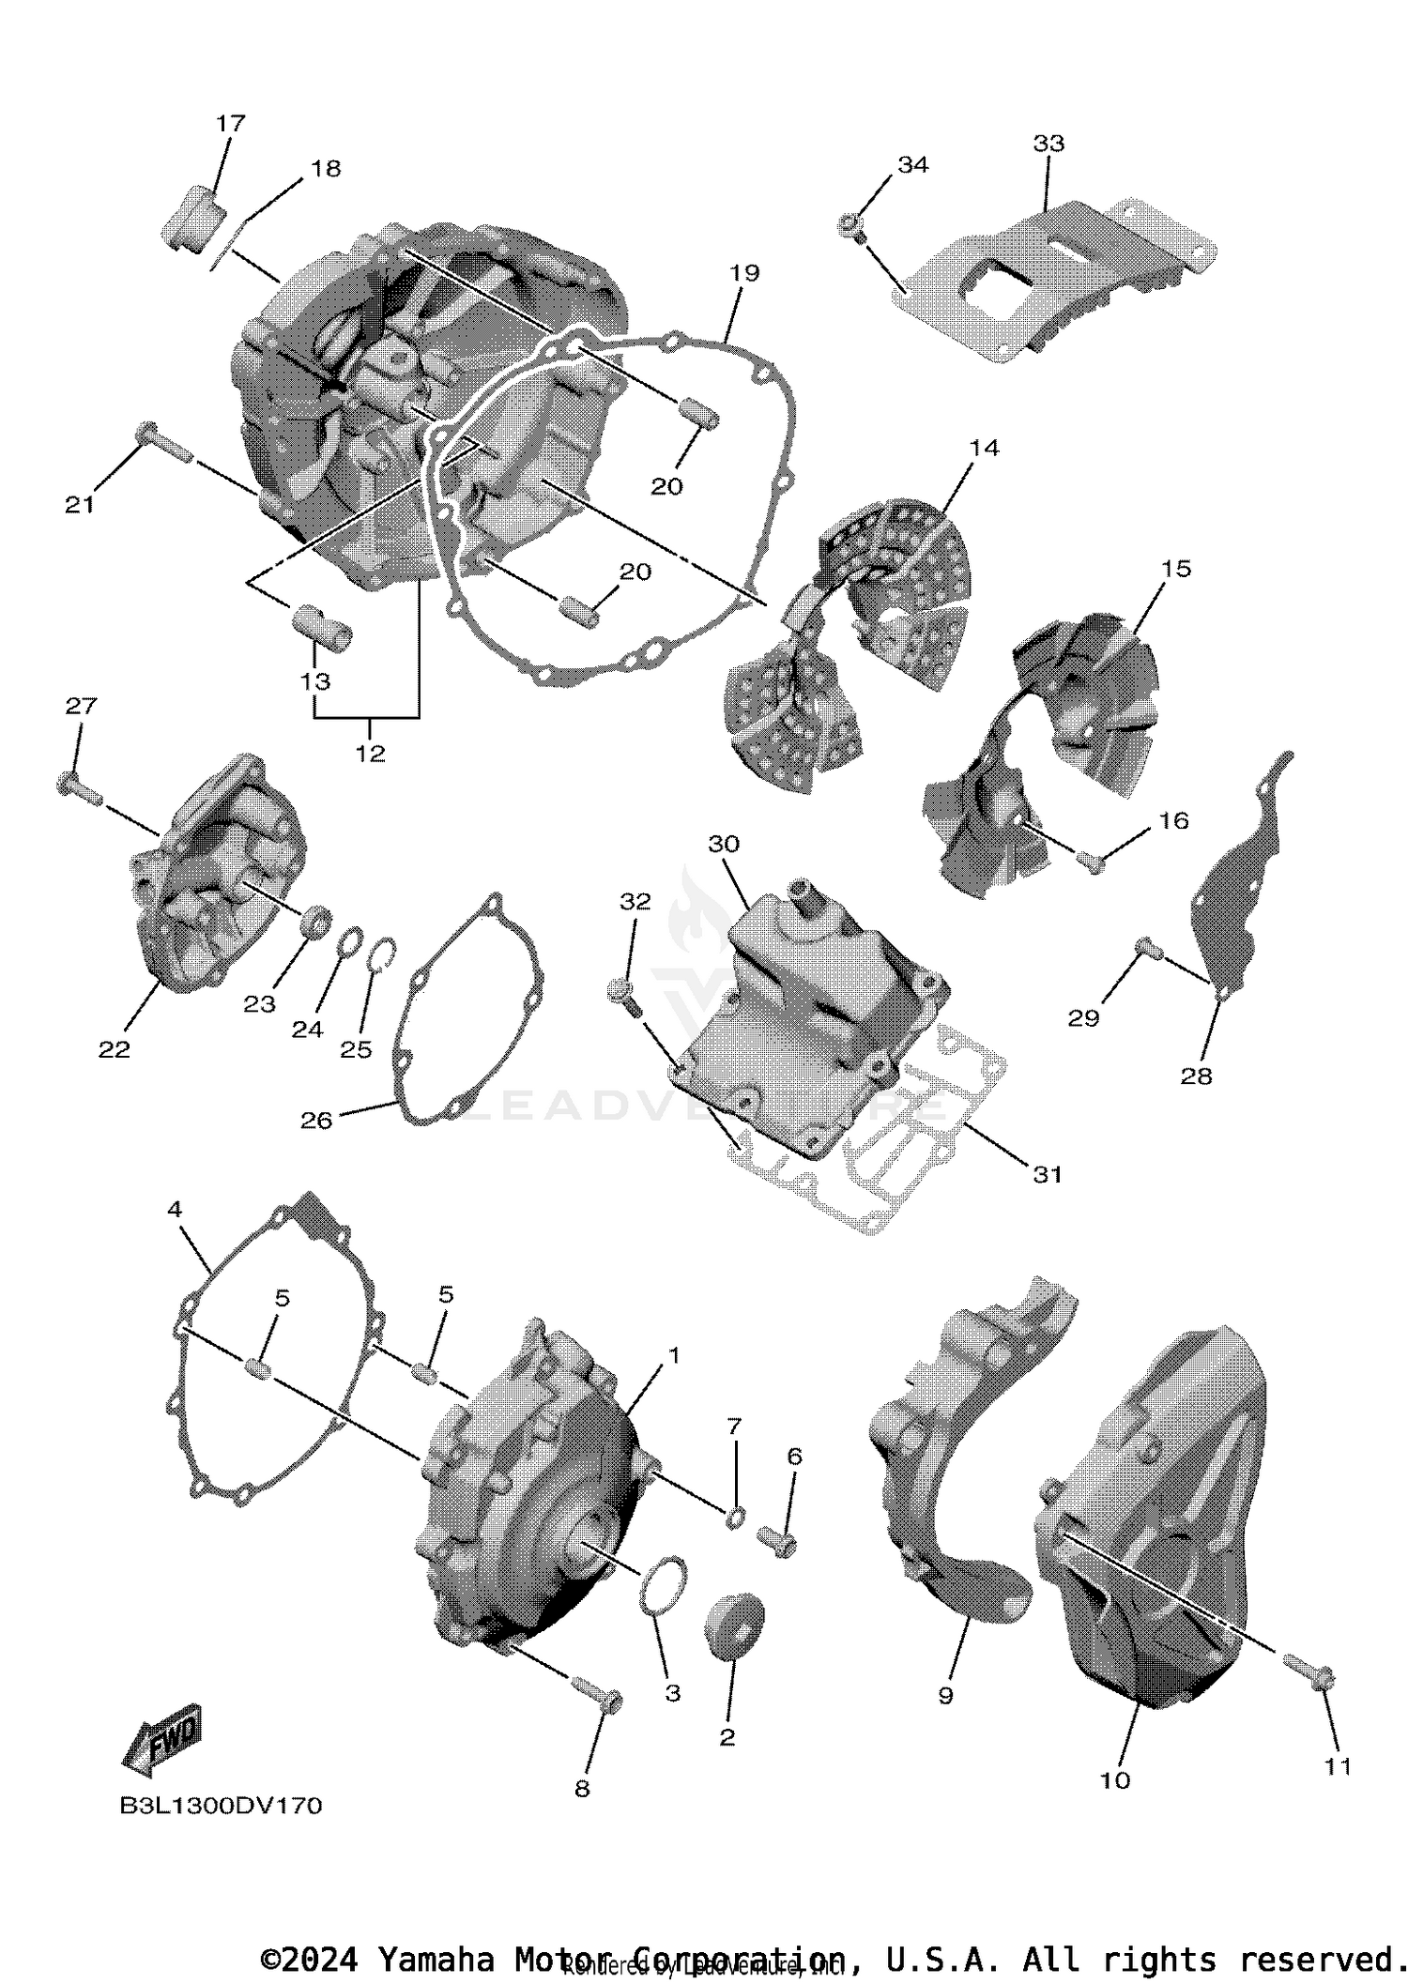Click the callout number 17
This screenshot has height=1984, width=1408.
pos(230,123)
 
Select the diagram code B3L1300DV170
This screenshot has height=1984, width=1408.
pos(221,1806)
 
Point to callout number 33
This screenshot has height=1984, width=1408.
pos(1048,144)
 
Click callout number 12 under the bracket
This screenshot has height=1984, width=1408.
pos(370,753)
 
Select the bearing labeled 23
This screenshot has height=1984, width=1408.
pos(316,920)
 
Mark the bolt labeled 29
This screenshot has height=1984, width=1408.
pos(1149,950)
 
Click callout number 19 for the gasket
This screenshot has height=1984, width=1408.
pos(743,273)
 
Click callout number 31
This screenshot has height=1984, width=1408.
pos(1048,1173)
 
